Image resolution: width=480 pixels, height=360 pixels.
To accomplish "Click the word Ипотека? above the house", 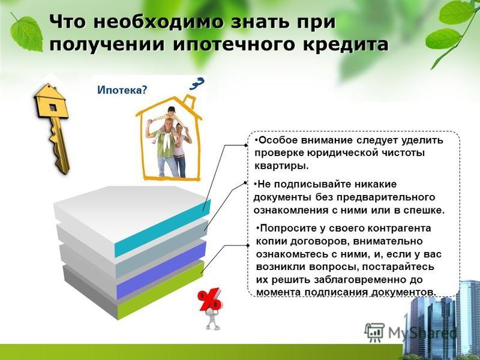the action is point(122,90).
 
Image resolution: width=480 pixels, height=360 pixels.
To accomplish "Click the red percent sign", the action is point(209,299).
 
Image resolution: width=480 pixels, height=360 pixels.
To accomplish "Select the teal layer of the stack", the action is point(162,228).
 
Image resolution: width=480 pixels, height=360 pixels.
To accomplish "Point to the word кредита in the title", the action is point(346,44).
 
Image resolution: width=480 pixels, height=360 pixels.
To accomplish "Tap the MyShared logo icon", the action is point(374,332).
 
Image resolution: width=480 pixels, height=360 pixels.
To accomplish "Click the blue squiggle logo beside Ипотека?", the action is point(197,83).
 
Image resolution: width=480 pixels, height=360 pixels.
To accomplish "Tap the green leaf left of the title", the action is point(26,33).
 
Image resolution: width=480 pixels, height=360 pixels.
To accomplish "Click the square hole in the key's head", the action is point(53,107).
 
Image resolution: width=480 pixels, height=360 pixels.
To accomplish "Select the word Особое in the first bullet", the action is point(277,140).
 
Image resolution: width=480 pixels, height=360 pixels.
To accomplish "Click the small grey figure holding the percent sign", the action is point(212,319).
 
